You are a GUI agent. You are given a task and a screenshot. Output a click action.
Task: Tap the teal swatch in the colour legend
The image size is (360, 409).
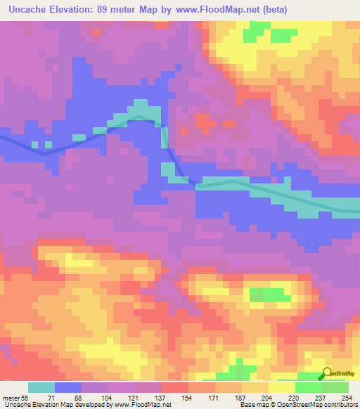coord(41,387)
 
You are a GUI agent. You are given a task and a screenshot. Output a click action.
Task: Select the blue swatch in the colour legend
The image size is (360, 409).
coord(68,387)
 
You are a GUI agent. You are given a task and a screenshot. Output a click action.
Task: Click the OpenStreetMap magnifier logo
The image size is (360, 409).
coord(328,373)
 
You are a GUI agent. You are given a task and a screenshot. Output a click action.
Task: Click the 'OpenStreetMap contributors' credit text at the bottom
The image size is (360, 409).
coord(320,405)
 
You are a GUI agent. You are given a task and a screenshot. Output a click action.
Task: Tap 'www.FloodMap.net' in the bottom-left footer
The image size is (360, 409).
coord(139,405)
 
